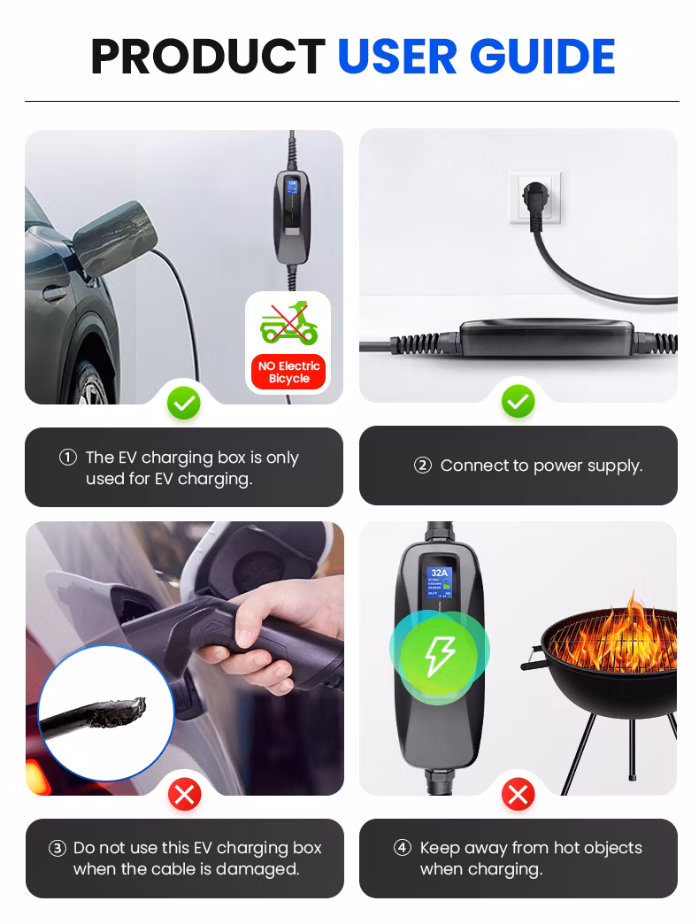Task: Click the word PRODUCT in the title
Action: tap(208, 57)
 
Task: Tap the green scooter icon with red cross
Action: tap(288, 324)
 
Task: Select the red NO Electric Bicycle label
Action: tap(288, 372)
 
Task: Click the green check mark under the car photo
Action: tap(184, 404)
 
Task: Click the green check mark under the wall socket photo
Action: tap(518, 403)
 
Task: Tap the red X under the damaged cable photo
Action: tap(184, 795)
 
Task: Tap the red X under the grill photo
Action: tap(518, 795)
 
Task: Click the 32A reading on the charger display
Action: tap(439, 573)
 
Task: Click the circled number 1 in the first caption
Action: tap(68, 458)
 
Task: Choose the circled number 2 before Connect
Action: tap(422, 466)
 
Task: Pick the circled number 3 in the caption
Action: tap(58, 848)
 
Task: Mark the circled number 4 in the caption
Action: tap(403, 848)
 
